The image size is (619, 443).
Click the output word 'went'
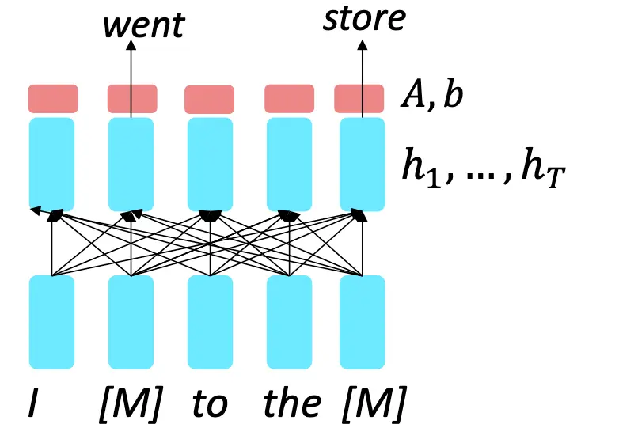click(x=144, y=25)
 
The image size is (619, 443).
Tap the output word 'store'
click(x=364, y=18)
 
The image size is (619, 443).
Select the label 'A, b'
click(x=432, y=95)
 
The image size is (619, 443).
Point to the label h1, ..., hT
click(x=484, y=168)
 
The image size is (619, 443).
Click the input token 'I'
click(x=33, y=403)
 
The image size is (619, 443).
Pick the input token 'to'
click(x=210, y=403)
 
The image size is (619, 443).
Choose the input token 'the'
click(x=292, y=403)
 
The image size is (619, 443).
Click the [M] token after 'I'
click(x=131, y=403)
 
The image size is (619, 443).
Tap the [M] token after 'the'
click(x=374, y=403)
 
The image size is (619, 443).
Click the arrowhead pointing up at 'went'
click(x=131, y=45)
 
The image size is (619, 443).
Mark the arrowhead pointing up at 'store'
click(x=363, y=45)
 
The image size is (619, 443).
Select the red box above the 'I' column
click(x=53, y=99)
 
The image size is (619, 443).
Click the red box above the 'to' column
click(x=209, y=100)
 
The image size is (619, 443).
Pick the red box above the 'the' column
click(x=290, y=99)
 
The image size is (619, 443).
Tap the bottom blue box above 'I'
click(x=51, y=322)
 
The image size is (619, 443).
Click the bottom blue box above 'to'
click(x=210, y=322)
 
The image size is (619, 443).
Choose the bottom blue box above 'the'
click(x=290, y=322)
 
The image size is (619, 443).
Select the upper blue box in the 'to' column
click(x=210, y=164)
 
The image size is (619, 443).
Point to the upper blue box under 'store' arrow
click(x=362, y=164)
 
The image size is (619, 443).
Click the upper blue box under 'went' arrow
click(x=131, y=164)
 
